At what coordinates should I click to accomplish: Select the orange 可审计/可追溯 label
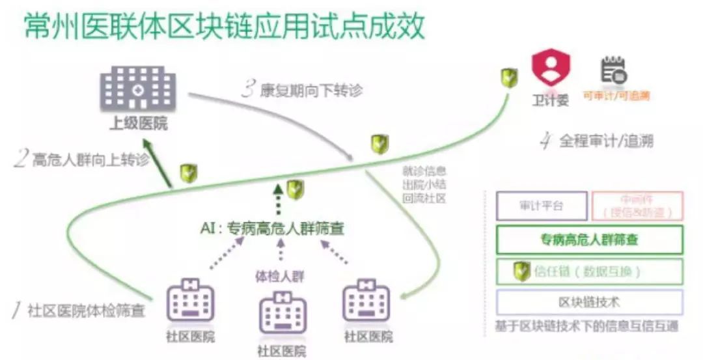tap(616, 96)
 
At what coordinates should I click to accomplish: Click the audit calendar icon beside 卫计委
tap(613, 70)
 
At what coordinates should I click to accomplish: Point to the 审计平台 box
tap(542, 206)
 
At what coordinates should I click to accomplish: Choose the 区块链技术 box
tap(589, 302)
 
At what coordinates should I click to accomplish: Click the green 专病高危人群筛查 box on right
tap(589, 240)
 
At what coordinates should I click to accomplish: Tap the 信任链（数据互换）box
tap(589, 271)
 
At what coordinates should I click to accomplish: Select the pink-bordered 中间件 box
tap(637, 206)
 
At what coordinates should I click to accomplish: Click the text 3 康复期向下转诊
tap(301, 90)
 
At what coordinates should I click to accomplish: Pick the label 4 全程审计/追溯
tap(596, 141)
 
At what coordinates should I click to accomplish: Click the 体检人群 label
tap(280, 276)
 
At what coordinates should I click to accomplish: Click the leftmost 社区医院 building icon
tap(190, 301)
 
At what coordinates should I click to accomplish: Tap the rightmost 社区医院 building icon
tap(367, 301)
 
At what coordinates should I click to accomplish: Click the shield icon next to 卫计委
tap(509, 79)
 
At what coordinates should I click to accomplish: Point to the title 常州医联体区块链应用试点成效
tap(225, 27)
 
